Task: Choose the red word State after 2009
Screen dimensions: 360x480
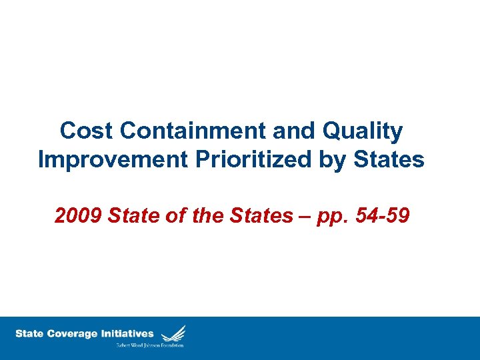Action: (x=131, y=216)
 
